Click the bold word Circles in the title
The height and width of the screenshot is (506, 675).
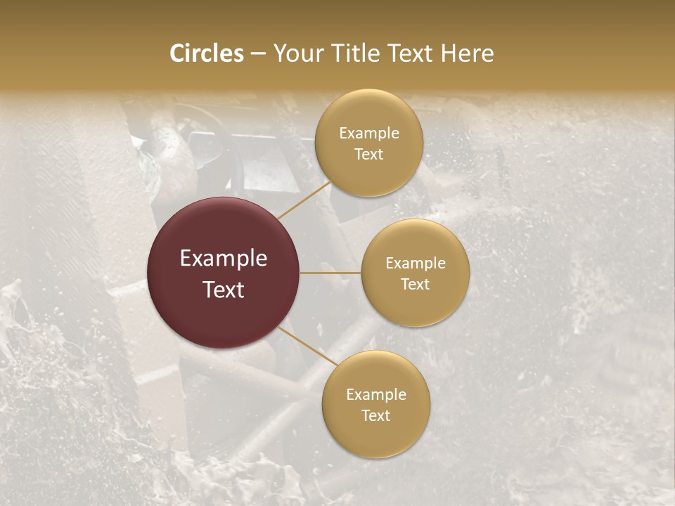click(207, 53)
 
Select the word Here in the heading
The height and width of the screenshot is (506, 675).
click(467, 53)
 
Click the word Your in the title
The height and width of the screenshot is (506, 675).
click(297, 53)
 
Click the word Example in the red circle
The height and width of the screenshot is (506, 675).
click(224, 259)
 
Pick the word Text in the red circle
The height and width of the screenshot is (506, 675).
click(224, 290)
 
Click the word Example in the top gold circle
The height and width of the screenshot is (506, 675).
click(369, 134)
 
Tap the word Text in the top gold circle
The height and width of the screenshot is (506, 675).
click(369, 154)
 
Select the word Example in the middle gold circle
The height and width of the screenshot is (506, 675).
click(416, 264)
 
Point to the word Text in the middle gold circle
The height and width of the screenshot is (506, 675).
click(416, 284)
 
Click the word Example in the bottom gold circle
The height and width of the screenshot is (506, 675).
click(376, 395)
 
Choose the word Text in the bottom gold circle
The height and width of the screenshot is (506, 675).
click(376, 415)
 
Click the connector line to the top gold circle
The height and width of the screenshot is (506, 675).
click(304, 200)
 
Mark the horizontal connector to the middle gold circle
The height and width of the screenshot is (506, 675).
click(330, 273)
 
